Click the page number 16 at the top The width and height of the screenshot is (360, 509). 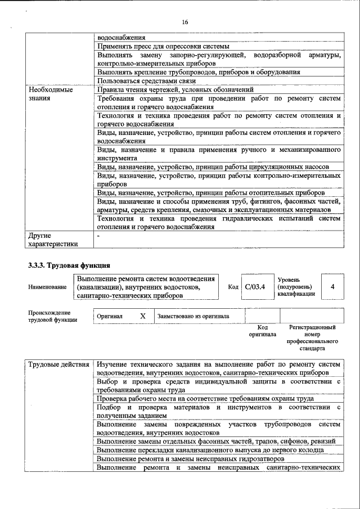coord(184,22)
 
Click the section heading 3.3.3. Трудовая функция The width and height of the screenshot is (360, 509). coord(69,265)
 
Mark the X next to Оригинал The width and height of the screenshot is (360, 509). coord(142,316)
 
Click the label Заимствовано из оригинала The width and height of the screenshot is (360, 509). coord(193,316)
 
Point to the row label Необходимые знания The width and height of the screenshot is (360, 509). coord(51,93)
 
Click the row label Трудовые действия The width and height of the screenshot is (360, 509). coord(59,365)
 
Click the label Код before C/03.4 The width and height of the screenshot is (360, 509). coord(233,287)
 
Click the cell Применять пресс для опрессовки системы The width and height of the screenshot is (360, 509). coord(163,46)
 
